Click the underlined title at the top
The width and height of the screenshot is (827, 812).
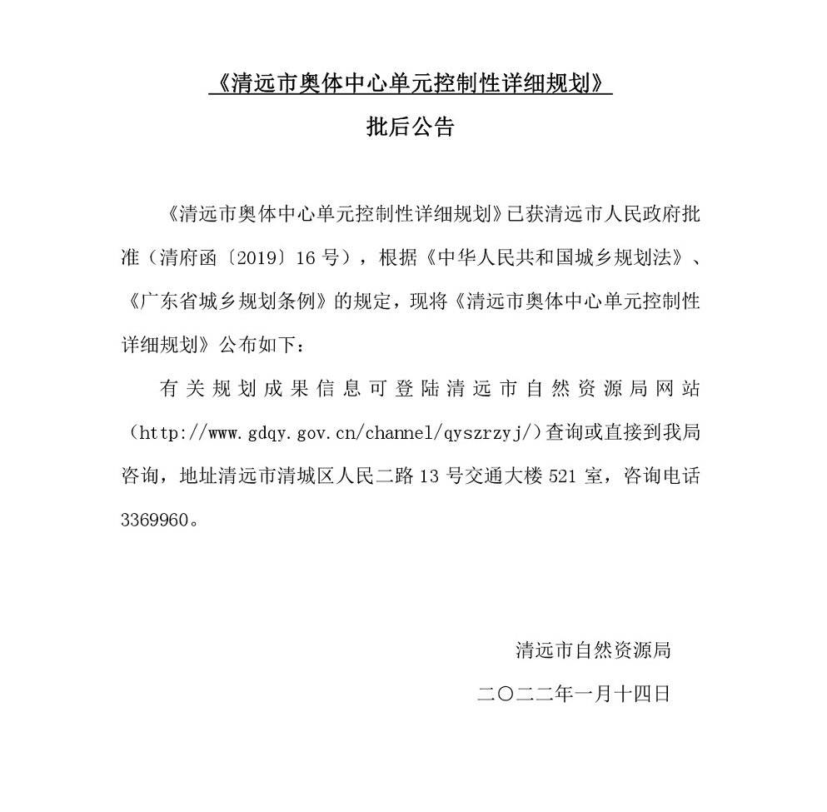410,84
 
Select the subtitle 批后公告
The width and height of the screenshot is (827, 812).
410,127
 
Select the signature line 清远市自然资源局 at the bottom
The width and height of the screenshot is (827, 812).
593,650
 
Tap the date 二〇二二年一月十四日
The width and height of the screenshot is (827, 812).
574,693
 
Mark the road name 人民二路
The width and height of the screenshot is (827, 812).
375,476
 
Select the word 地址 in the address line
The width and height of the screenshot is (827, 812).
197,476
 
